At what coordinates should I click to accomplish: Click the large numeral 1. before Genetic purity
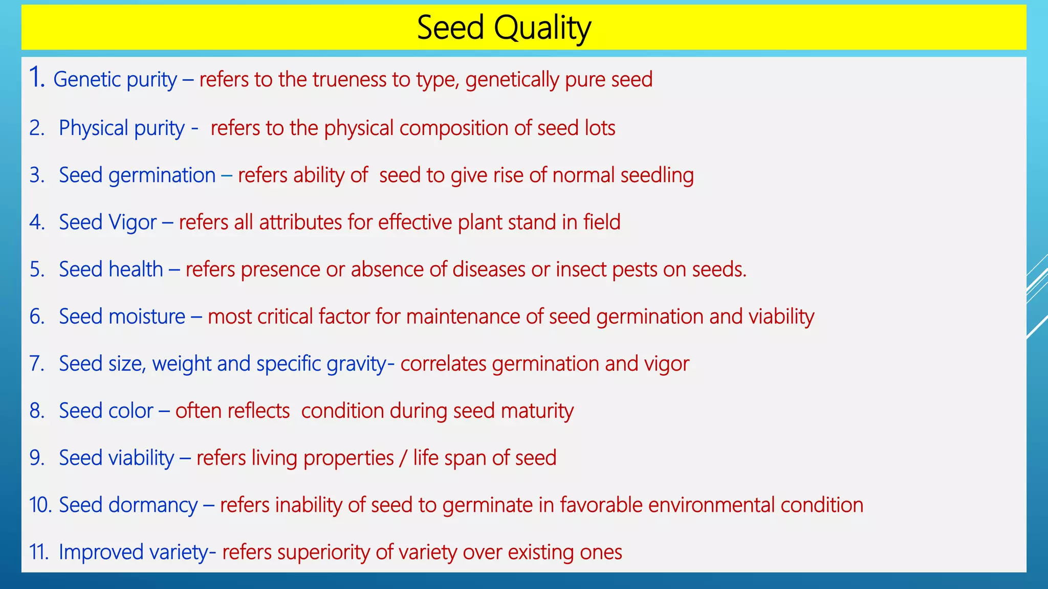click(37, 78)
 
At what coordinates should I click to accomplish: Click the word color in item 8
click(130, 411)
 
